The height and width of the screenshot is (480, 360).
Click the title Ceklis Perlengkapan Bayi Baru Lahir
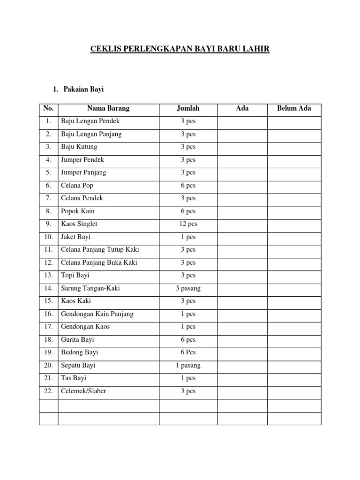pyautogui.click(x=180, y=49)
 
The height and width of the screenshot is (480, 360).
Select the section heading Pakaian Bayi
pyautogui.click(x=83, y=89)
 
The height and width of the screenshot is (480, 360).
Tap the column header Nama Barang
pyautogui.click(x=108, y=108)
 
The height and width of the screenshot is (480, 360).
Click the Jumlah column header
pyautogui.click(x=188, y=108)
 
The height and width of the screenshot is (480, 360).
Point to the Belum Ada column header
pyautogui.click(x=294, y=108)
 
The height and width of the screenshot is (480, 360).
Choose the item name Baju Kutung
pyautogui.click(x=79, y=147)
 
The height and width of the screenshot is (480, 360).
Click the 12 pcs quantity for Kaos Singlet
pyautogui.click(x=188, y=224)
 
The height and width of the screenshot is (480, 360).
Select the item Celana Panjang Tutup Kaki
pyautogui.click(x=100, y=249)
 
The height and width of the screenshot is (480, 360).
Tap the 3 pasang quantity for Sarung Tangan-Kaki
pyautogui.click(x=188, y=288)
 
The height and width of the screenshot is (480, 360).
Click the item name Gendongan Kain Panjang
pyautogui.click(x=97, y=314)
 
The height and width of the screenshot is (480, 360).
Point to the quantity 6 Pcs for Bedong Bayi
pyautogui.click(x=188, y=352)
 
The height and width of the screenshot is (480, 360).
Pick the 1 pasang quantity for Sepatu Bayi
pyautogui.click(x=188, y=365)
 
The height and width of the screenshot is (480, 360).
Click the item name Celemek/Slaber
pyautogui.click(x=83, y=391)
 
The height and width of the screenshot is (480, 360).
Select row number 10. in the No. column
pyautogui.click(x=49, y=237)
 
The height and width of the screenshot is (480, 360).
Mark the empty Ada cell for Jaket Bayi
pyautogui.click(x=242, y=237)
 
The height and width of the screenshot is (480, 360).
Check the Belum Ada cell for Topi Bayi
pyautogui.click(x=294, y=275)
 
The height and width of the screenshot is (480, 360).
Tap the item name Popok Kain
pyautogui.click(x=78, y=211)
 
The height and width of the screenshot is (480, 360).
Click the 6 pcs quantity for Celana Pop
pyautogui.click(x=188, y=185)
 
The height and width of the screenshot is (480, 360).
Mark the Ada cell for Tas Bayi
pyautogui.click(x=242, y=378)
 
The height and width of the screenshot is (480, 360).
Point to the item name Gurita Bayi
pyautogui.click(x=78, y=339)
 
